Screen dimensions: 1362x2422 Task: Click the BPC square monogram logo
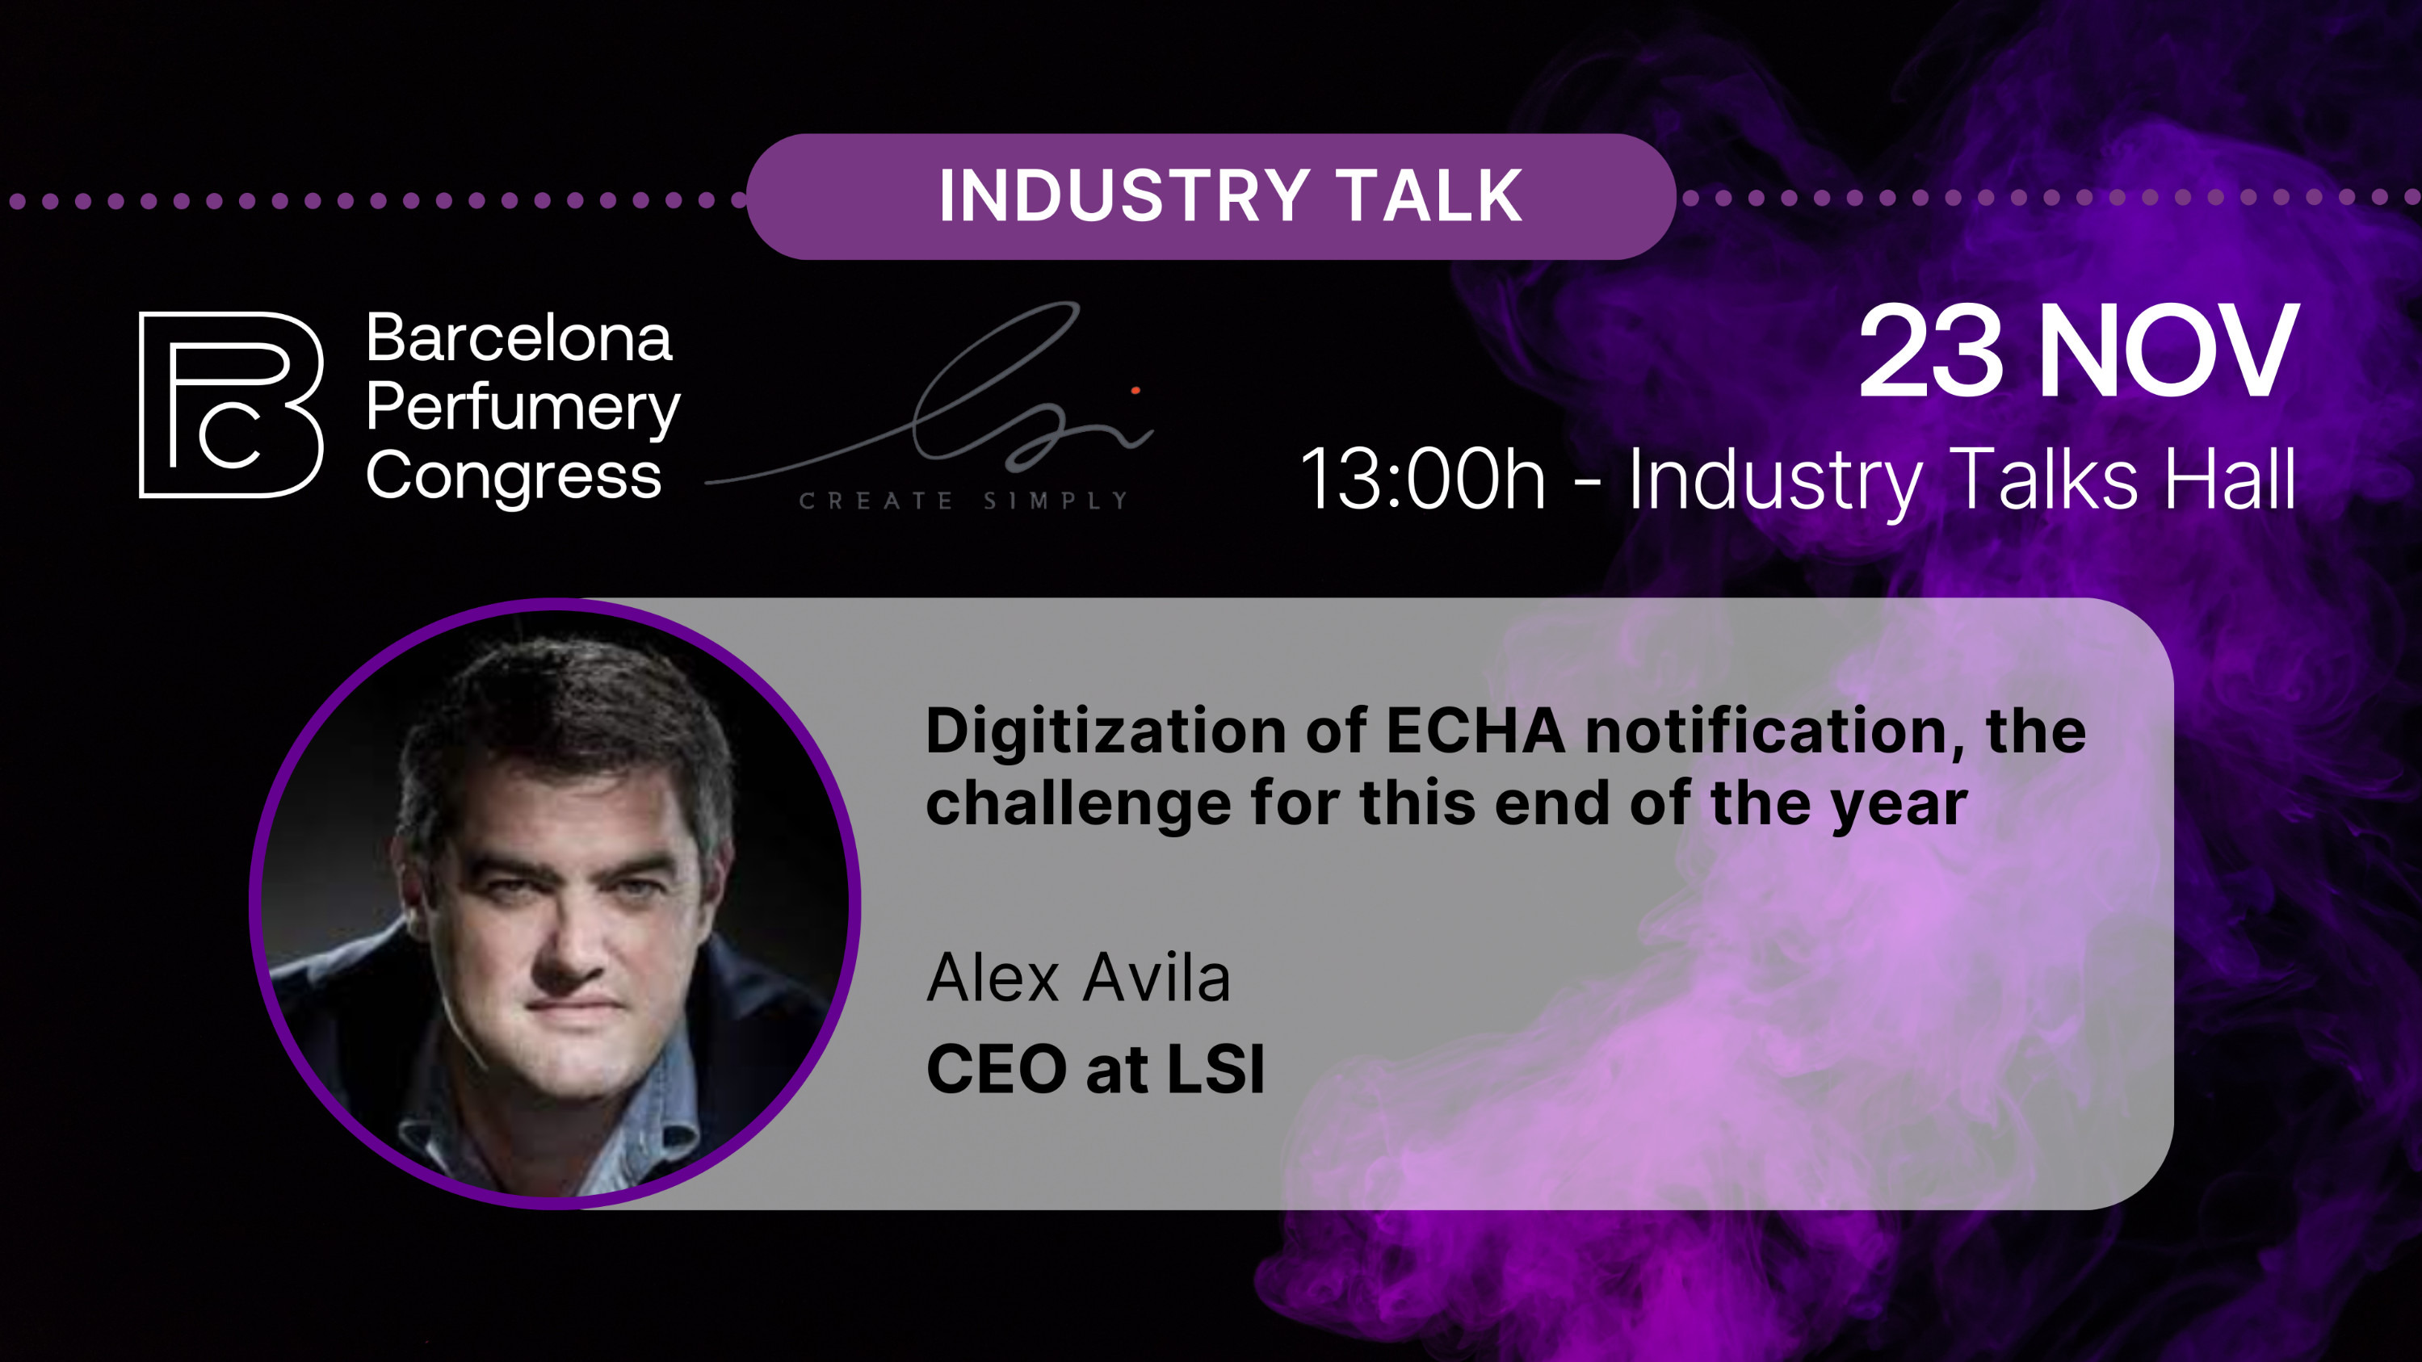231,404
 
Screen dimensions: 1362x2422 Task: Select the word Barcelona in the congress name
519,338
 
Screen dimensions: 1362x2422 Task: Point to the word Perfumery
523,409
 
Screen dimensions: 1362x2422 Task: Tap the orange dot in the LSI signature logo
1135,390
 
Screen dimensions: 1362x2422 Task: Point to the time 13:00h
1422,480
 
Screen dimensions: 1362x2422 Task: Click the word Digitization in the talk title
1105,732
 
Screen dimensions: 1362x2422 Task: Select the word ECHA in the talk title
1476,731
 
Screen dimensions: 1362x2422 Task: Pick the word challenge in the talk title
1077,805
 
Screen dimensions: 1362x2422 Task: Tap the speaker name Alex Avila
1078,979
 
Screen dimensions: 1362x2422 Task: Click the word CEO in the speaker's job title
997,1070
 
